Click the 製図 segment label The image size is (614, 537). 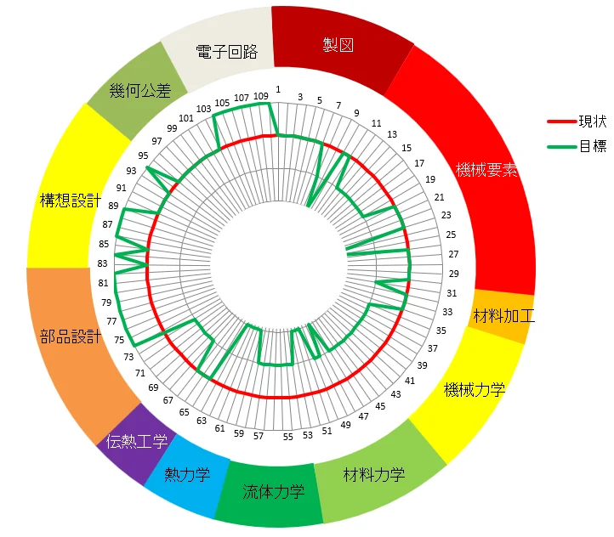pos(338,45)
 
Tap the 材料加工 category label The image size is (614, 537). pos(503,317)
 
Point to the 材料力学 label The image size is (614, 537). pos(373,474)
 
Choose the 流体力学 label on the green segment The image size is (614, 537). pos(273,491)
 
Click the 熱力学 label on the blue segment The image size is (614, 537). pos(186,474)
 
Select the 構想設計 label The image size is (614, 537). pos(71,201)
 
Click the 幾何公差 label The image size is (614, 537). pos(140,89)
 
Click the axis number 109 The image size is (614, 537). pos(260,96)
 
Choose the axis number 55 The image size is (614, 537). pos(287,437)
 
